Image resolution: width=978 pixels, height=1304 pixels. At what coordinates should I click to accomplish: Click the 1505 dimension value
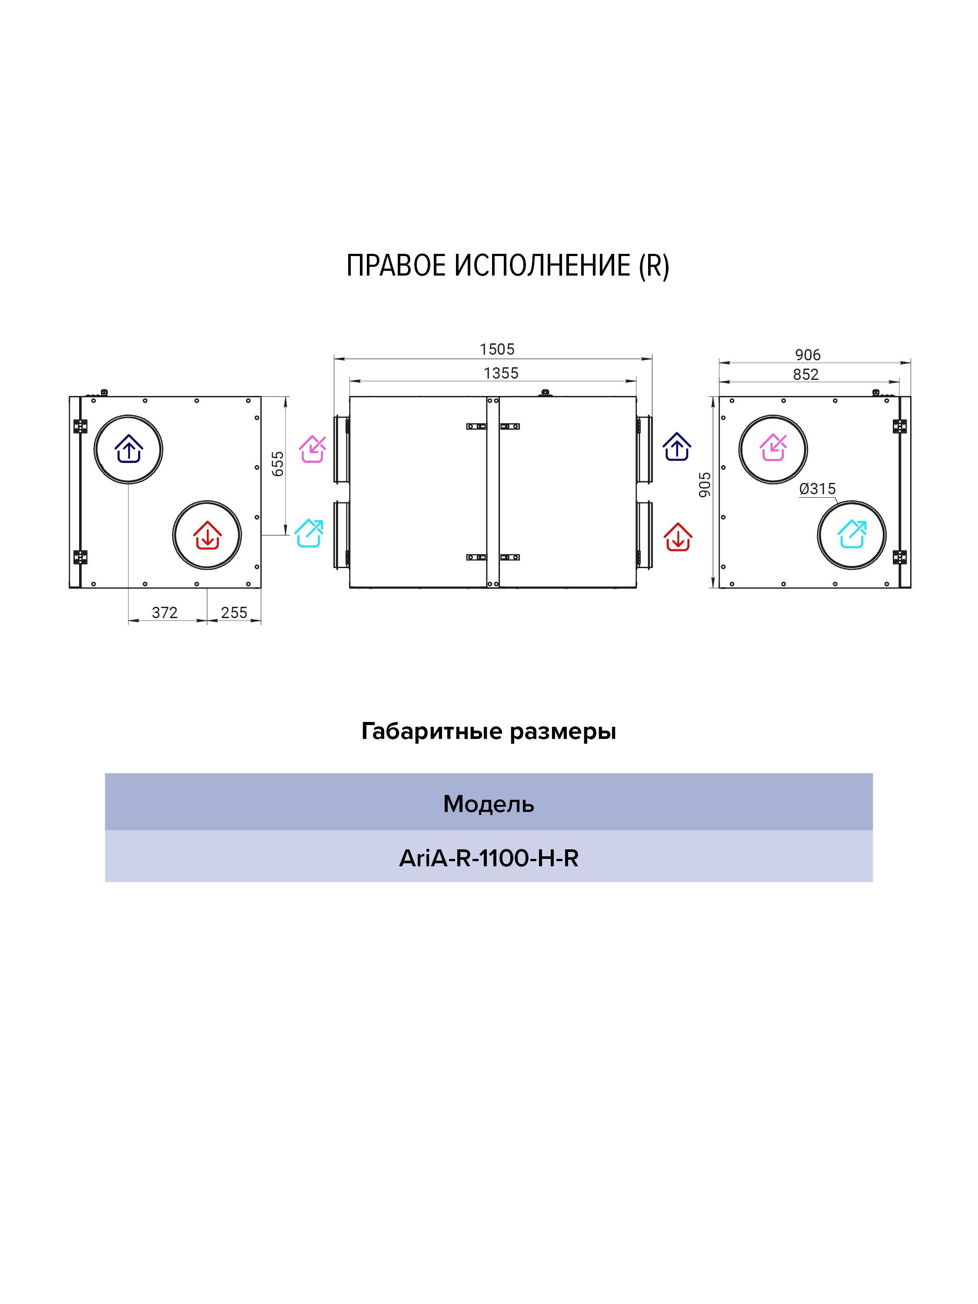click(497, 349)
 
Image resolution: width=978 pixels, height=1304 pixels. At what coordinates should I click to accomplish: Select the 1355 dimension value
click(501, 373)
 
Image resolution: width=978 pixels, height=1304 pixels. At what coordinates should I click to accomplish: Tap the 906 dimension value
click(808, 355)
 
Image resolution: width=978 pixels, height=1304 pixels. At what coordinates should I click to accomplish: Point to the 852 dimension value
click(806, 374)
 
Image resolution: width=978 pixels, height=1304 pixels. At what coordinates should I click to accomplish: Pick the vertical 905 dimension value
click(705, 485)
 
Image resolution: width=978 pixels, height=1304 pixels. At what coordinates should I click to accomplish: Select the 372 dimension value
click(164, 612)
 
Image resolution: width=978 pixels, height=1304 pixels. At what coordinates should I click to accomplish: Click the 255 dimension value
click(234, 612)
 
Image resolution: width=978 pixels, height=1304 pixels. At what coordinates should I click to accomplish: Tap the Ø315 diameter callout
click(818, 489)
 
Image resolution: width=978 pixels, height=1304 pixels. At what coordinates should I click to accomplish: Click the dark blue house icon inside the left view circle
click(129, 449)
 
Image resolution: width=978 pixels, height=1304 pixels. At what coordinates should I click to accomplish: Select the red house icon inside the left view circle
click(207, 535)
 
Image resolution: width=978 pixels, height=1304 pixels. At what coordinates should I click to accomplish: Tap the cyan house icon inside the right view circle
click(852, 534)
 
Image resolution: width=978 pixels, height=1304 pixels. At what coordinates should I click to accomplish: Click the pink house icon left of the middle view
click(313, 449)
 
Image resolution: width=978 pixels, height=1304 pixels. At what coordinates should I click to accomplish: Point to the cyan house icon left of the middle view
click(309, 533)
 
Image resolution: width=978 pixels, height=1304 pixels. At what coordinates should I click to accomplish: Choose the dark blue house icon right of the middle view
click(677, 447)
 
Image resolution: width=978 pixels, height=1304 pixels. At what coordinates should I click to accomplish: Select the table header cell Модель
click(489, 804)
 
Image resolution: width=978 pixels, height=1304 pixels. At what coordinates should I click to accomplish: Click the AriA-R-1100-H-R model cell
click(489, 858)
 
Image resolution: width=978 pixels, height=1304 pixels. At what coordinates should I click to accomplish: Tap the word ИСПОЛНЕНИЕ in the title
click(542, 266)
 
